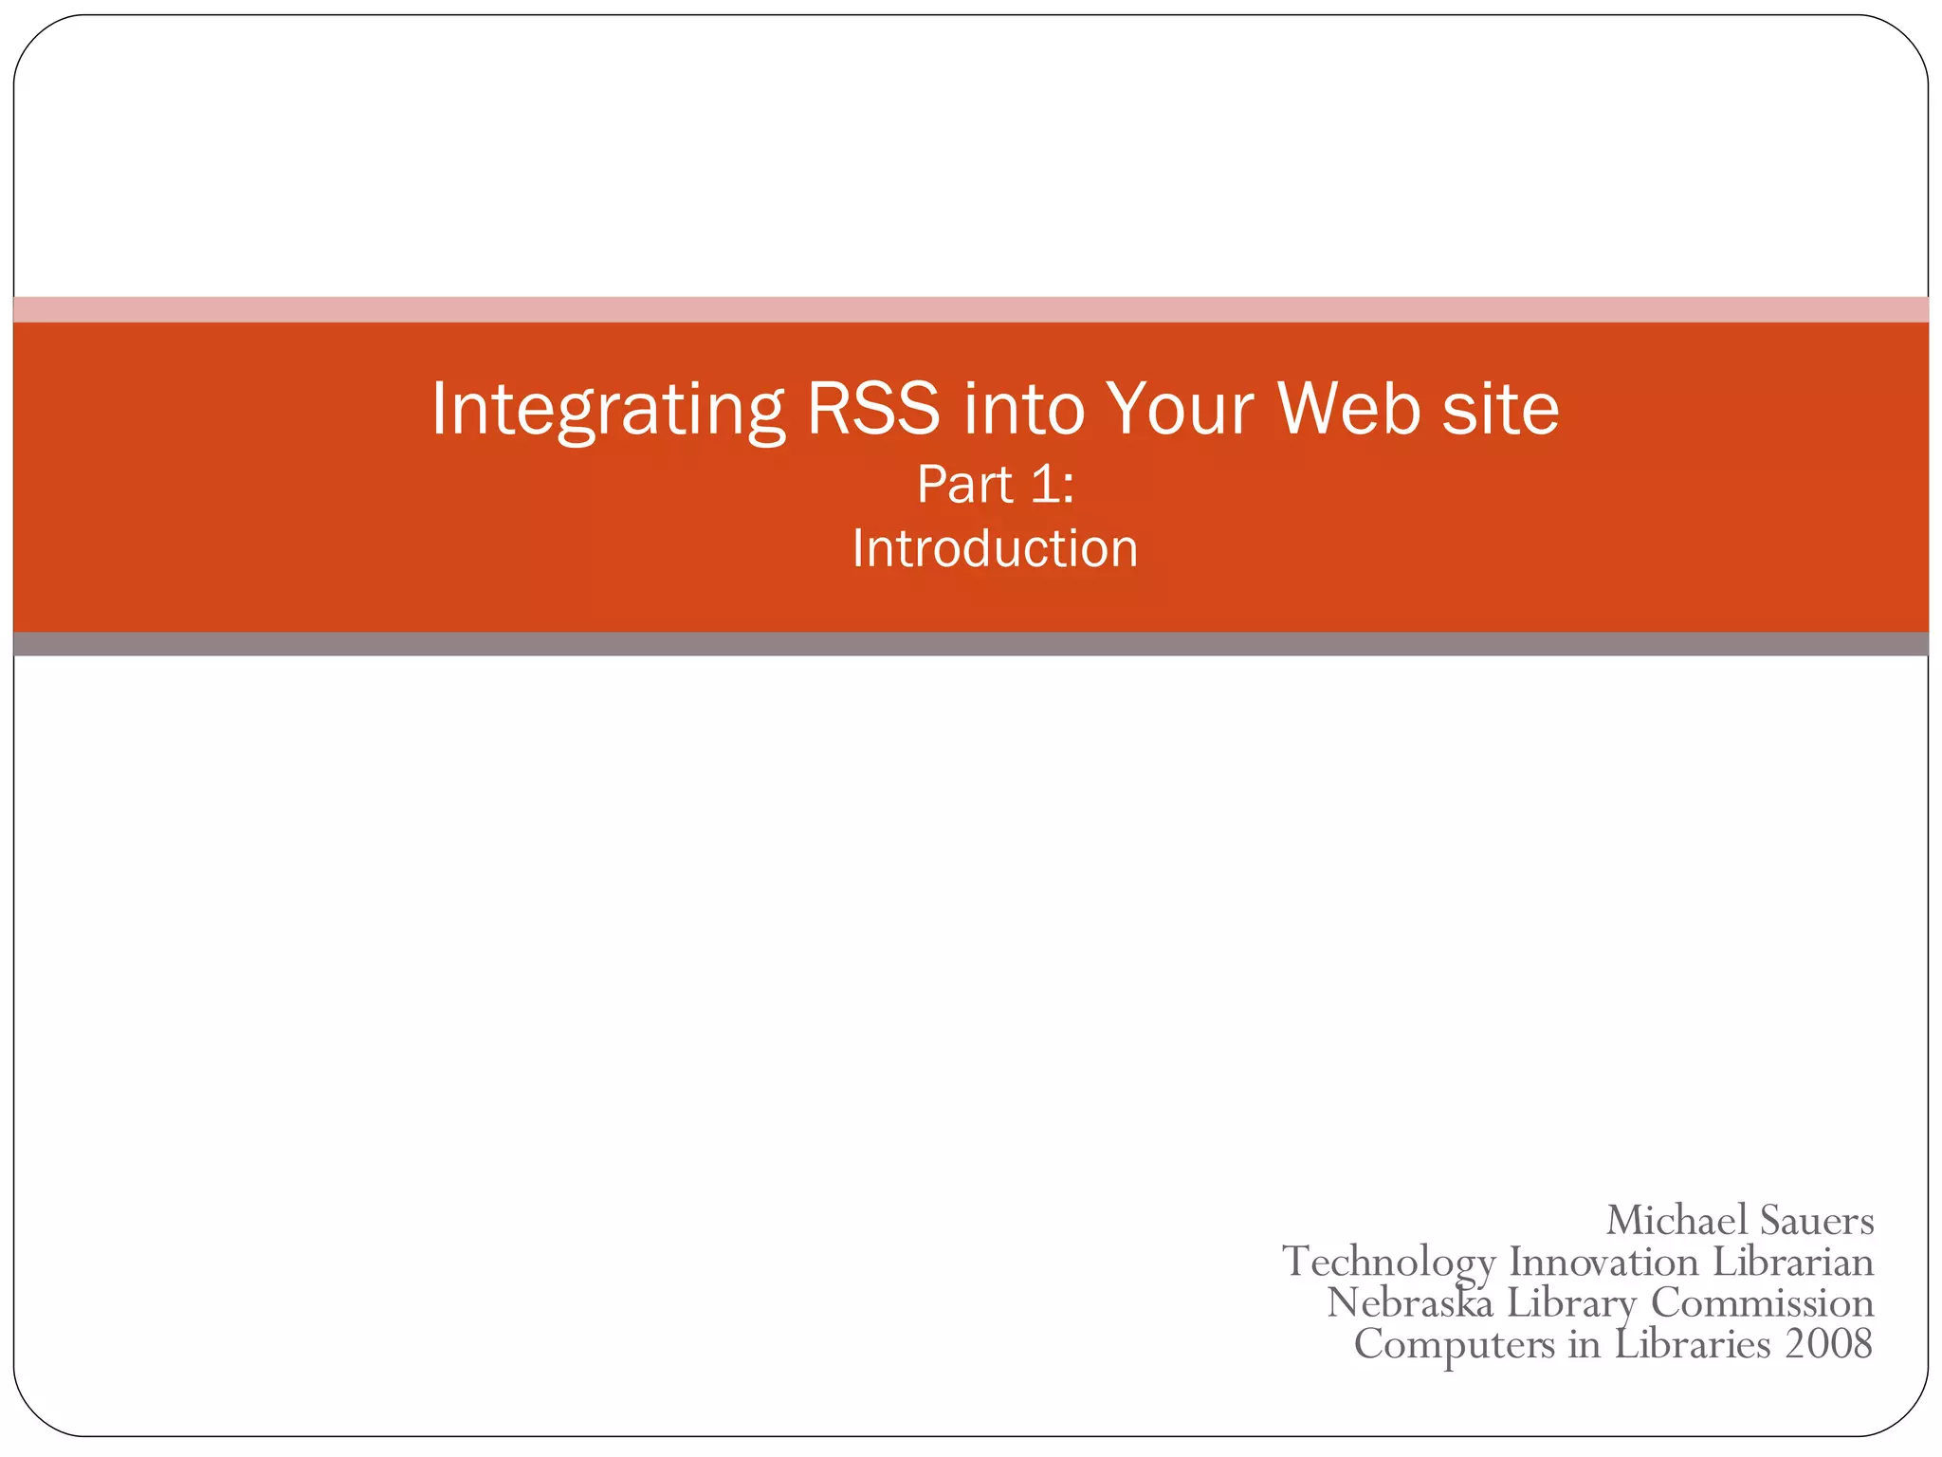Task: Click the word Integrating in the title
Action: click(607, 410)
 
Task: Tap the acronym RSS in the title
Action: click(873, 410)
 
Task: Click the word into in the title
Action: click(1023, 410)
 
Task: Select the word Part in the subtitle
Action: click(964, 485)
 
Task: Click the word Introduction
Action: click(995, 549)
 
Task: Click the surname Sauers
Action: click(1817, 1220)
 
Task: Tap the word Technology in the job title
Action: click(1388, 1263)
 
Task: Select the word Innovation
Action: click(1603, 1262)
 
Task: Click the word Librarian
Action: click(1793, 1262)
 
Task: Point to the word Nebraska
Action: click(1410, 1302)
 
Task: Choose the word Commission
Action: click(1763, 1302)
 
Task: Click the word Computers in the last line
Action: click(1454, 1344)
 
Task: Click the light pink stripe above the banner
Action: click(971, 309)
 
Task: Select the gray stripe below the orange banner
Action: click(971, 644)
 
